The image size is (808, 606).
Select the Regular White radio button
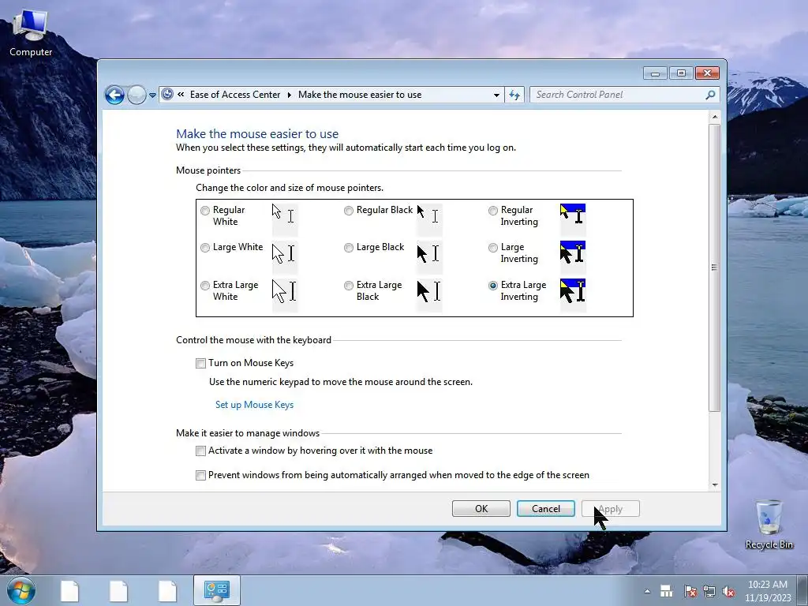point(205,210)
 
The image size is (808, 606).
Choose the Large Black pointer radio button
point(349,248)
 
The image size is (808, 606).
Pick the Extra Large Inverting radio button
point(493,286)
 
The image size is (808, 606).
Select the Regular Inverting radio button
point(493,210)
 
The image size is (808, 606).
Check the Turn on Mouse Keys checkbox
point(200,363)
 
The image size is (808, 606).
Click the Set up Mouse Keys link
point(255,405)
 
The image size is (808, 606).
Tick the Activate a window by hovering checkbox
point(200,451)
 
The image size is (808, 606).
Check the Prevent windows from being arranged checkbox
point(200,475)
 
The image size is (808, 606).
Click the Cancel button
point(546,509)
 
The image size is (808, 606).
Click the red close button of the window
point(707,73)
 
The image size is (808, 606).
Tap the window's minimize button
point(655,73)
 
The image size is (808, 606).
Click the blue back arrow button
point(114,95)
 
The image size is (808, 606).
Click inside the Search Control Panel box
point(619,95)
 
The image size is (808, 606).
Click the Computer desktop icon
point(31,32)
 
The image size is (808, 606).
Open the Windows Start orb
point(21,590)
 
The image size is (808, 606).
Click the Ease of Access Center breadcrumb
point(235,95)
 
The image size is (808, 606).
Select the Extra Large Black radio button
point(349,286)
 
